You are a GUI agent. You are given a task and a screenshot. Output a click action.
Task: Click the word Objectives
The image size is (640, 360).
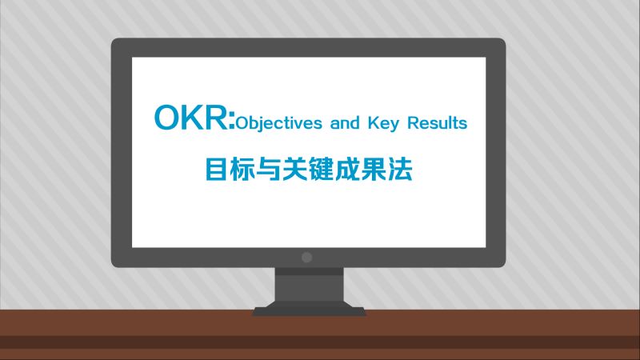[274, 124]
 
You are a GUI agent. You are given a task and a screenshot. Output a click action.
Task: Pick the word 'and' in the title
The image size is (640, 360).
[342, 124]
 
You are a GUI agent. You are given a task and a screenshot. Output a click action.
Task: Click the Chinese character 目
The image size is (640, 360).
[217, 169]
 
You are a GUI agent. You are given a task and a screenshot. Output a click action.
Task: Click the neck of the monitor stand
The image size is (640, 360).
[308, 284]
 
